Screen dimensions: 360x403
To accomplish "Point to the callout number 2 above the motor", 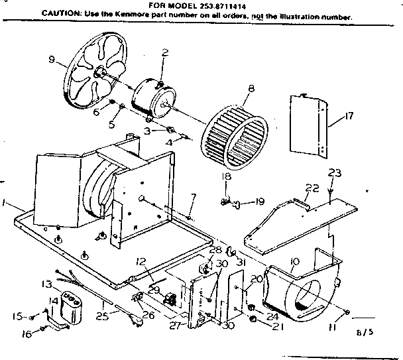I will pos(165,53).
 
